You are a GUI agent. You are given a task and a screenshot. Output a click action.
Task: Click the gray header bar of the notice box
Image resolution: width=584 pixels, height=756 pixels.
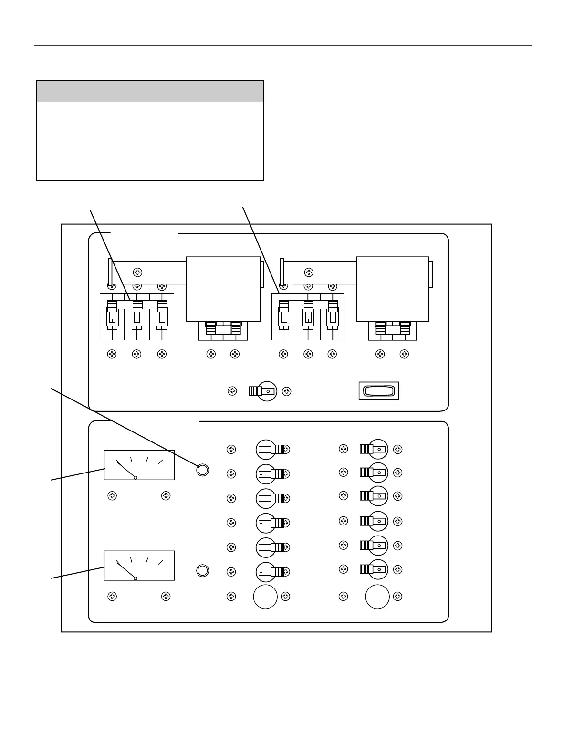[150, 91]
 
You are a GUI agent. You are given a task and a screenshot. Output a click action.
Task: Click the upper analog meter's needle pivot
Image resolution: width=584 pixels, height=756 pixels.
[136, 477]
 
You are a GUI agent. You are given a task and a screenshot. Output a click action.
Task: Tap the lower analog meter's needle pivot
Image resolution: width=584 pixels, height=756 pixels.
[136, 578]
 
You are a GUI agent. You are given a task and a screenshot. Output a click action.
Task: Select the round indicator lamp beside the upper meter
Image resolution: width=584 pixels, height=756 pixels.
[202, 470]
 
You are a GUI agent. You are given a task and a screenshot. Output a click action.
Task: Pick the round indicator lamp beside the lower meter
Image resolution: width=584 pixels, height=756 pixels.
[202, 570]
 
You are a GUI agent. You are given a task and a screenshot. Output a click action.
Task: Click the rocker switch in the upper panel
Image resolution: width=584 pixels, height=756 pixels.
[378, 391]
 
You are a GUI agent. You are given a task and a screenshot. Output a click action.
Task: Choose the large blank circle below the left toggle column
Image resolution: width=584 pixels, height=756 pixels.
[265, 597]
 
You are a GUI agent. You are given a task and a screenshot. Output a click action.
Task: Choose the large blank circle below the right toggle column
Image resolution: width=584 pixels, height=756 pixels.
[377, 597]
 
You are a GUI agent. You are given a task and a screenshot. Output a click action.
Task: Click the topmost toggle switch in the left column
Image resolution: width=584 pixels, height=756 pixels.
[271, 450]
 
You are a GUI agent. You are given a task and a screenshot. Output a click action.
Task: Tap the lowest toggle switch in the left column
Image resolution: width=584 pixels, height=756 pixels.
[271, 572]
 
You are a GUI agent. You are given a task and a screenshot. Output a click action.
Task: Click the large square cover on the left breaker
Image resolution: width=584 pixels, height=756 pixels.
[223, 289]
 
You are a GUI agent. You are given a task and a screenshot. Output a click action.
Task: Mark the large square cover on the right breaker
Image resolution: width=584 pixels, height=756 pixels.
[393, 289]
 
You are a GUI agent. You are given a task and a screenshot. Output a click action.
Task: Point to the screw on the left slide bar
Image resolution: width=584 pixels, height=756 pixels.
[137, 273]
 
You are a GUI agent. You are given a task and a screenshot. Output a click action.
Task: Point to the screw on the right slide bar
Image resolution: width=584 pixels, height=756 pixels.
[309, 273]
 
